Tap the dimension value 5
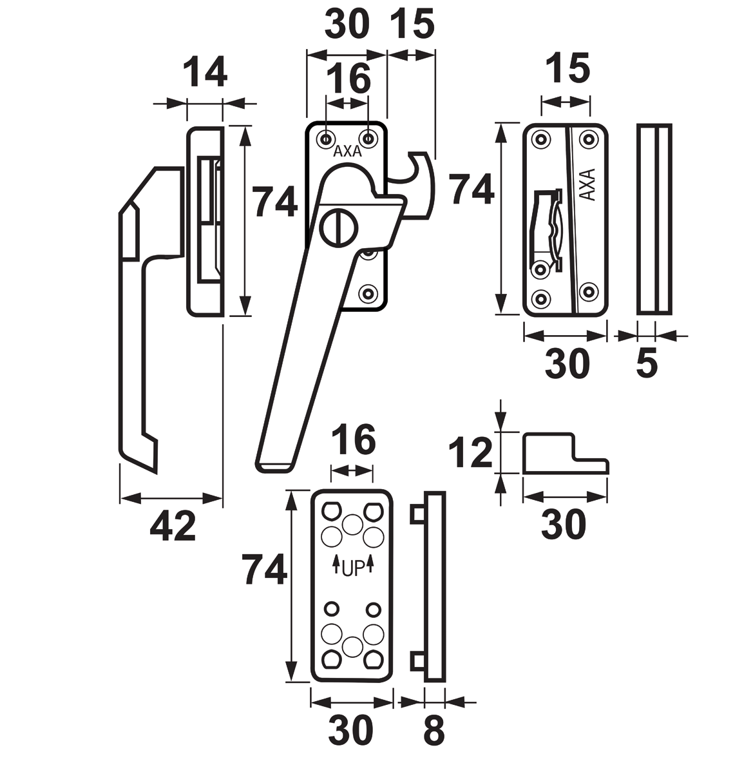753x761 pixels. [646, 364]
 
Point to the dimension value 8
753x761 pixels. [434, 732]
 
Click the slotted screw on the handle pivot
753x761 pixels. [336, 226]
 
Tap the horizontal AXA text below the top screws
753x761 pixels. [347, 153]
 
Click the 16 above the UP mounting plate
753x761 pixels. [352, 441]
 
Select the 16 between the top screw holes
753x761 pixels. [348, 79]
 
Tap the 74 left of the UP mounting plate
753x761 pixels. [265, 570]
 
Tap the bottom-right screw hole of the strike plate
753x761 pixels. [587, 291]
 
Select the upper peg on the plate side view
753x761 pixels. [417, 514]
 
